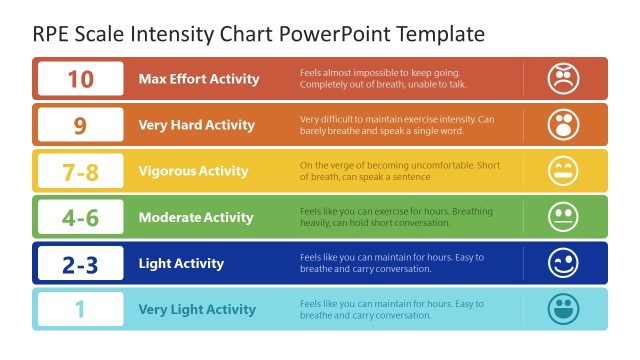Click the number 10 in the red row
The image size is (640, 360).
coord(80,79)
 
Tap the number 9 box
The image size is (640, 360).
coord(80,125)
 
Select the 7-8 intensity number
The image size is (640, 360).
coord(80,171)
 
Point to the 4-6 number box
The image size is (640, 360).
coord(80,217)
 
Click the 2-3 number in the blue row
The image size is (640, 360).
coord(80,263)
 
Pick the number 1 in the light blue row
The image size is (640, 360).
coord(80,309)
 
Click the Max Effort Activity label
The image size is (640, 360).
coord(199,79)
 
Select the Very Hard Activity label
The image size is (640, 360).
coord(197,125)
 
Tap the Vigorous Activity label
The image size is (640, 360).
coord(193,171)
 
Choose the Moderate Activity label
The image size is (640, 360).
coord(196,217)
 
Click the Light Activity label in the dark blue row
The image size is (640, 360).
coord(181,263)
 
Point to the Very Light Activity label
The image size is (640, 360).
coord(197,309)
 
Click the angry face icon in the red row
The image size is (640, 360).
coord(564,79)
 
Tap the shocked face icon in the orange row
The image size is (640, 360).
coord(564,125)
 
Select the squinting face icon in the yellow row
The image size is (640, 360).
coord(564,171)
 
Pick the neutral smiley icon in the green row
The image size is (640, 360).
coord(564,217)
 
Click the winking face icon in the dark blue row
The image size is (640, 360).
coord(564,263)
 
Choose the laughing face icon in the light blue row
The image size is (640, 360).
coord(564,309)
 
